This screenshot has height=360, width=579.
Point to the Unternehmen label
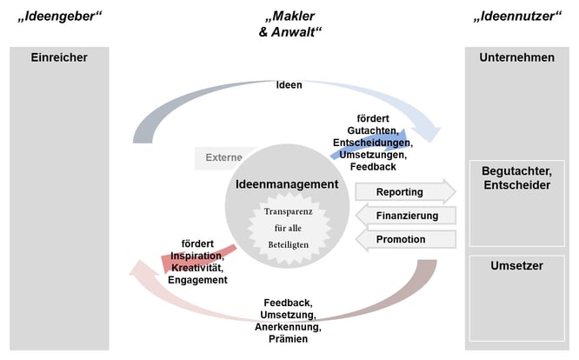pos(516,57)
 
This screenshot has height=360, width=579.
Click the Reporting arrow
pos(403,191)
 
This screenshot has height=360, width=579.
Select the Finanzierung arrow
pos(403,215)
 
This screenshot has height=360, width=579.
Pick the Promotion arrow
pos(403,238)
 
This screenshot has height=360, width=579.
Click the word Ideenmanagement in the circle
pos(286,184)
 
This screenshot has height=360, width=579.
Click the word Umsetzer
pos(516,265)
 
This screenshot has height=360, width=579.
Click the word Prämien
pos(288,339)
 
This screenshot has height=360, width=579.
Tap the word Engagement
pos(199,280)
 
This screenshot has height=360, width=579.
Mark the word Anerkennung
pos(288,327)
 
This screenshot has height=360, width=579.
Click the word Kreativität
pos(199,268)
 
